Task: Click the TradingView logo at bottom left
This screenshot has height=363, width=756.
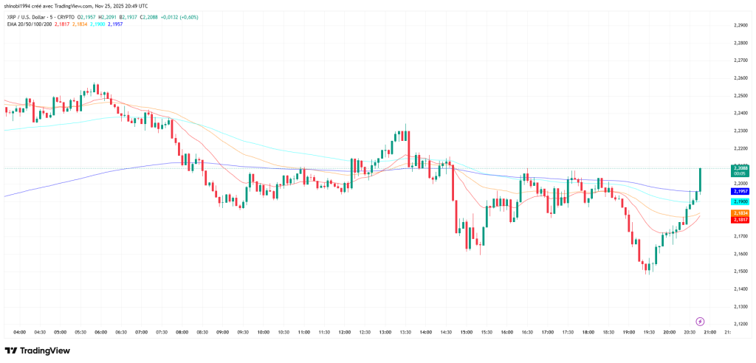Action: coord(38,350)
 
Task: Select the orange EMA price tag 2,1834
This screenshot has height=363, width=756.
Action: coord(740,212)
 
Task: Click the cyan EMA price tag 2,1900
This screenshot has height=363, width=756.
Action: coord(740,201)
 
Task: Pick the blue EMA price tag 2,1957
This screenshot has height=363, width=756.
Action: coord(740,191)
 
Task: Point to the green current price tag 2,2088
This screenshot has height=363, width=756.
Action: coord(740,170)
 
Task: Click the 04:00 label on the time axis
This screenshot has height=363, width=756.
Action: coord(20,332)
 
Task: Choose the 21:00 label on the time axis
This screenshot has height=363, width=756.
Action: coord(709,332)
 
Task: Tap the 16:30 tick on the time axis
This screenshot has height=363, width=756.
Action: coord(526,332)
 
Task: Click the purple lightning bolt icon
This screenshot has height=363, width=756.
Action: coord(700,322)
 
